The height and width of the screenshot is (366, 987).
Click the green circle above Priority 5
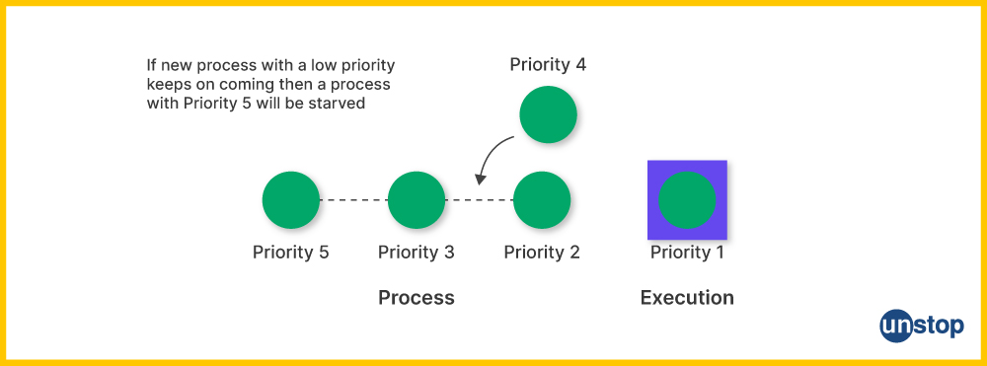click(x=291, y=200)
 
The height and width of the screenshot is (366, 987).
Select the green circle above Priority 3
click(x=417, y=200)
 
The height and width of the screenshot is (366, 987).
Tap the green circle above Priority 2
click(x=542, y=200)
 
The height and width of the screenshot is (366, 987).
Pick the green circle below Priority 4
click(x=548, y=114)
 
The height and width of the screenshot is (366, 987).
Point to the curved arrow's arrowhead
click(x=481, y=180)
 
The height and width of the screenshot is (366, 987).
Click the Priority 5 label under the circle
click(x=291, y=253)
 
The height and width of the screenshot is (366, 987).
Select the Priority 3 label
click(x=417, y=253)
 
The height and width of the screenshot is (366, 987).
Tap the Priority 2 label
click(x=542, y=253)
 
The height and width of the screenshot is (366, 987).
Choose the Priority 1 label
click(x=687, y=253)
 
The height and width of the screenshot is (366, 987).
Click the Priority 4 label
click(x=548, y=65)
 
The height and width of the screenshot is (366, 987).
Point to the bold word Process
click(x=417, y=298)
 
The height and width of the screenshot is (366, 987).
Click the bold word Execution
click(x=687, y=298)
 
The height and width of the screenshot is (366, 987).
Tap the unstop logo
click(x=921, y=326)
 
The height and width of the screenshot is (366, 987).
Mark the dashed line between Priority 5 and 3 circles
click(x=353, y=200)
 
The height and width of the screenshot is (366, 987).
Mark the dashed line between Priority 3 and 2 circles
click(x=479, y=200)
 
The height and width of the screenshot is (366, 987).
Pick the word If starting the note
click(x=151, y=65)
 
